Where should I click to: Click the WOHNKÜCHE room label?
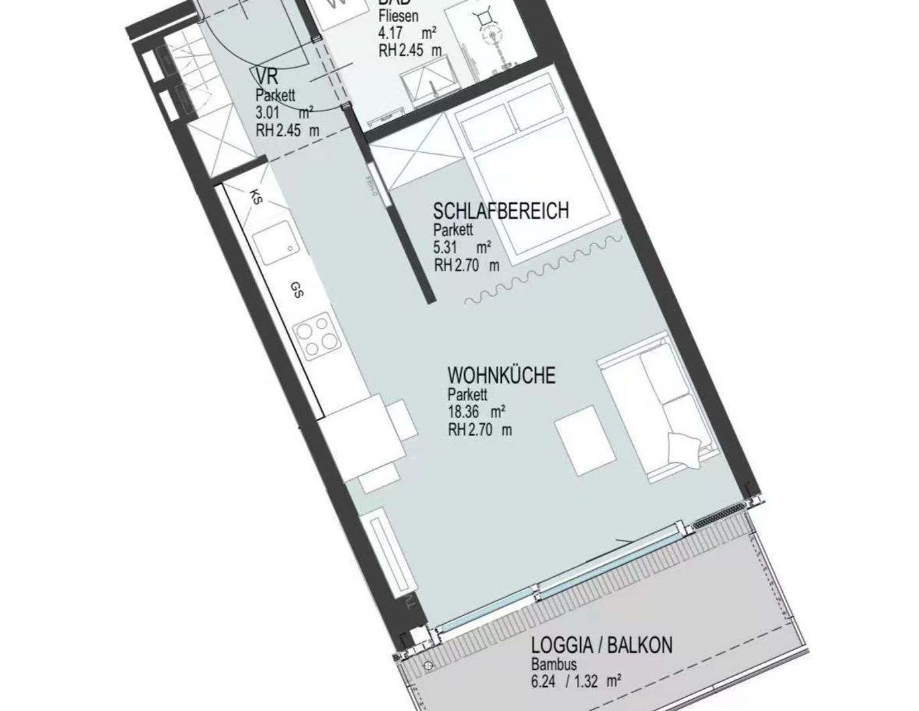click(501, 375)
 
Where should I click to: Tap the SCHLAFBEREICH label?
click(500, 211)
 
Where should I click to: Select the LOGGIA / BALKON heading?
click(601, 646)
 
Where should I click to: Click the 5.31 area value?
click(445, 247)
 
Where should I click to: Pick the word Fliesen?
click(399, 15)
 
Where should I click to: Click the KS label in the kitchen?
click(256, 197)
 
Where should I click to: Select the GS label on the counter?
click(296, 290)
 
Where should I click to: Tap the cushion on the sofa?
click(684, 447)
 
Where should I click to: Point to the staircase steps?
click(182, 80)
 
